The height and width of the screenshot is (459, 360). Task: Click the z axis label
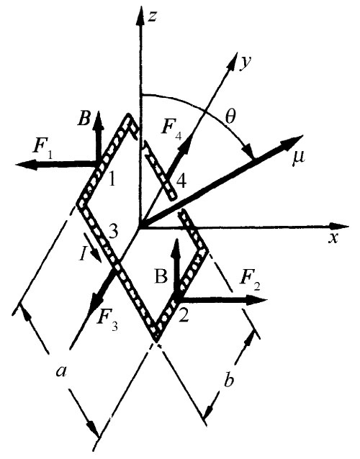pos(152,17)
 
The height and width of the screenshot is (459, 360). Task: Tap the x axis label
pos(333,238)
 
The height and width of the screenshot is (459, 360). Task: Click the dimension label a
pos(62,372)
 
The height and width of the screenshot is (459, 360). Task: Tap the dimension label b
pos(228,381)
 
